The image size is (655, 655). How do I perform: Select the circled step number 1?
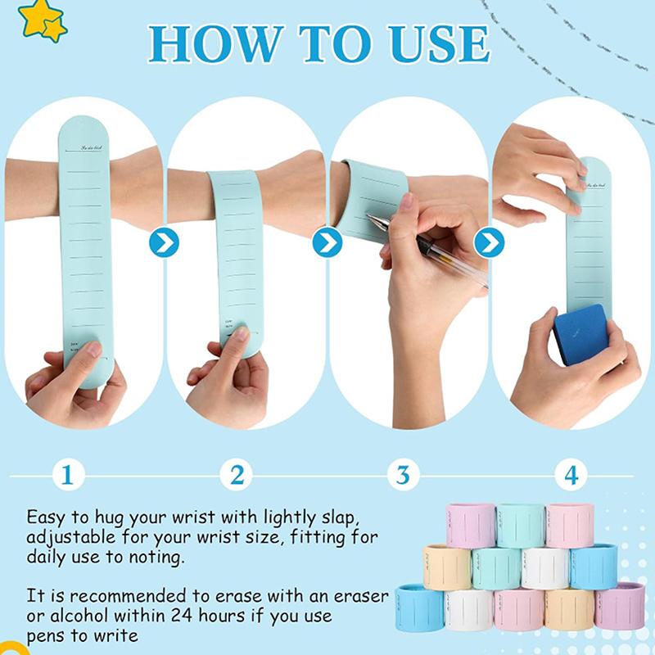70,476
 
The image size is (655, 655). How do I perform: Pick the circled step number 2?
237,476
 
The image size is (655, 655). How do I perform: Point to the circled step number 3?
403,476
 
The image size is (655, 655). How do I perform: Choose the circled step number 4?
570,476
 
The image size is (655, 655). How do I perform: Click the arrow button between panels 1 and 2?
163,242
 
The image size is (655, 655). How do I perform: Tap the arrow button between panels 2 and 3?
327,242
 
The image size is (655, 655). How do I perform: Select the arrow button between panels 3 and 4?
489,242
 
